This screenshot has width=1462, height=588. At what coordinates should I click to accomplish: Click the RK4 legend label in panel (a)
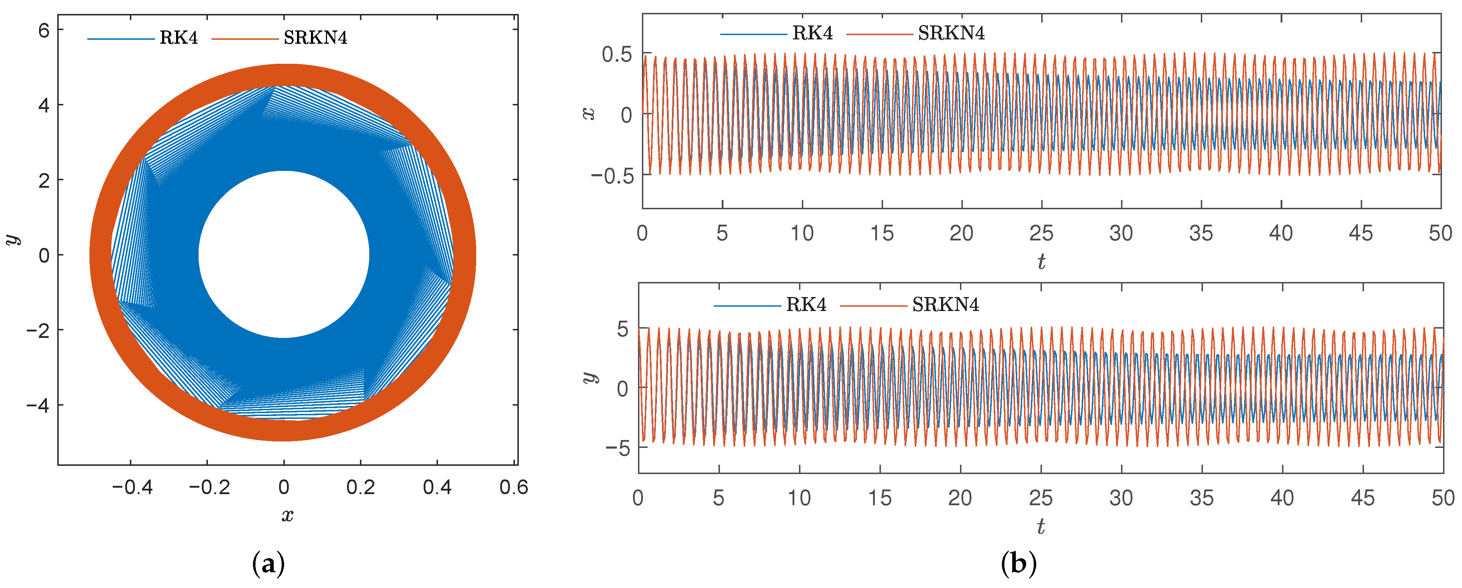[x=178, y=38]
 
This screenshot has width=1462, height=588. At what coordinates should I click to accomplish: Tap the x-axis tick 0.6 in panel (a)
[x=513, y=487]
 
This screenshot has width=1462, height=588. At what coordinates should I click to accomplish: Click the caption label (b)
[x=1019, y=564]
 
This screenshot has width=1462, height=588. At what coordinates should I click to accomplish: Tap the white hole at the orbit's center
[x=284, y=254]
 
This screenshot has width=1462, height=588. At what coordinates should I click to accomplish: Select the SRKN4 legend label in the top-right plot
[x=951, y=34]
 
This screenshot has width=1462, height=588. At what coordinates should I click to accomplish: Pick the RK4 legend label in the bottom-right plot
[x=806, y=305]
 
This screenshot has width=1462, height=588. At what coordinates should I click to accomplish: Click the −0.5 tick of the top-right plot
[x=612, y=176]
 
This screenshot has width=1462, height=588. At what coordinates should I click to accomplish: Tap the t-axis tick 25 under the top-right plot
[x=1041, y=233]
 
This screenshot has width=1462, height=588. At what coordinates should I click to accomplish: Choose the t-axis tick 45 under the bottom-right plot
[x=1362, y=498]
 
